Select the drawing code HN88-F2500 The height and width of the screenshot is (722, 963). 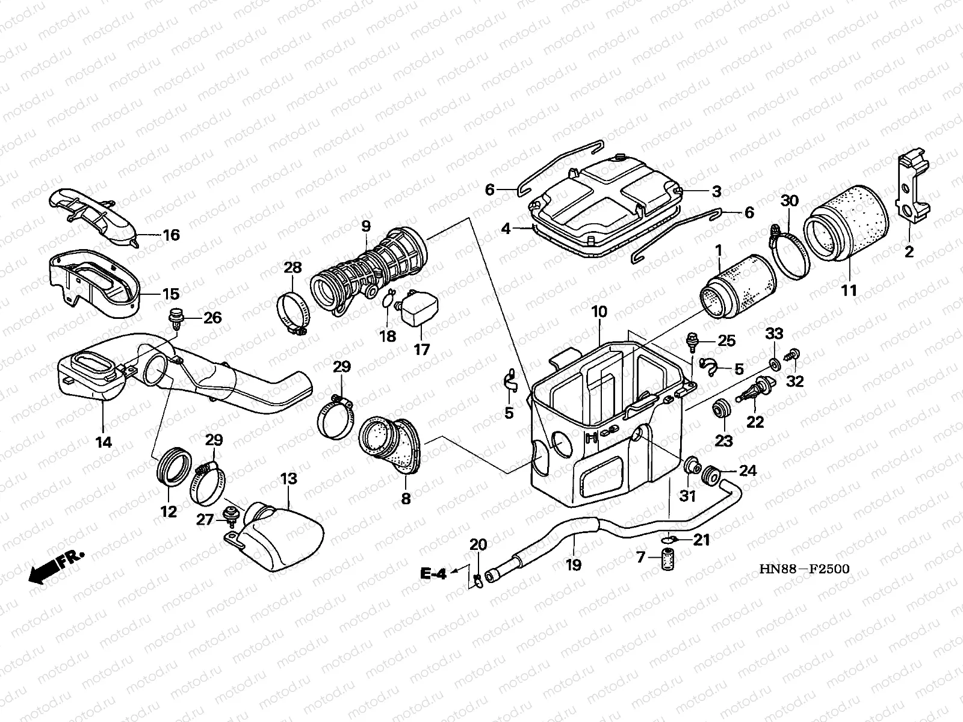point(804,569)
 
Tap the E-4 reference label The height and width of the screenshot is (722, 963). point(434,574)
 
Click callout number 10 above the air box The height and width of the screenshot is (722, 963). point(599,312)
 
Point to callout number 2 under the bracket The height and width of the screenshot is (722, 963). point(908,251)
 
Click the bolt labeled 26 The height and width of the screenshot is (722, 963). point(176,316)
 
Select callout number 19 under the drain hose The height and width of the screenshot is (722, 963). point(574,565)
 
